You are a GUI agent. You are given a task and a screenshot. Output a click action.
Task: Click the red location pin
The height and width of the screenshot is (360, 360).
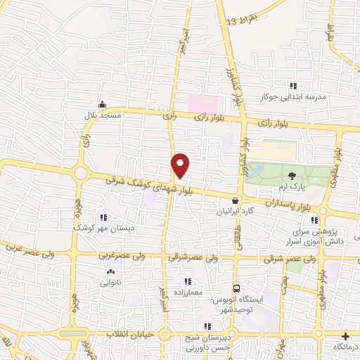point(181,165)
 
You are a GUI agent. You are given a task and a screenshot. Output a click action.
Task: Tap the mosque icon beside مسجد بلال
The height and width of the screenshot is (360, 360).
point(102,105)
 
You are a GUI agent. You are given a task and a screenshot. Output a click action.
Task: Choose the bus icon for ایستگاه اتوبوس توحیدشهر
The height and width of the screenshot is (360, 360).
point(237,288)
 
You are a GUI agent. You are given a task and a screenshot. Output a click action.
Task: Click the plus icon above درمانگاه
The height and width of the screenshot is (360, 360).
point(346,335)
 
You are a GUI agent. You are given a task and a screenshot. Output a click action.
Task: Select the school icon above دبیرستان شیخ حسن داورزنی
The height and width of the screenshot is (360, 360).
point(207,326)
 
